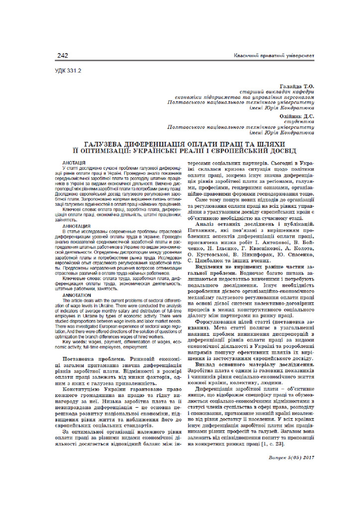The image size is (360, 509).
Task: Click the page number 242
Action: (x=63, y=56)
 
